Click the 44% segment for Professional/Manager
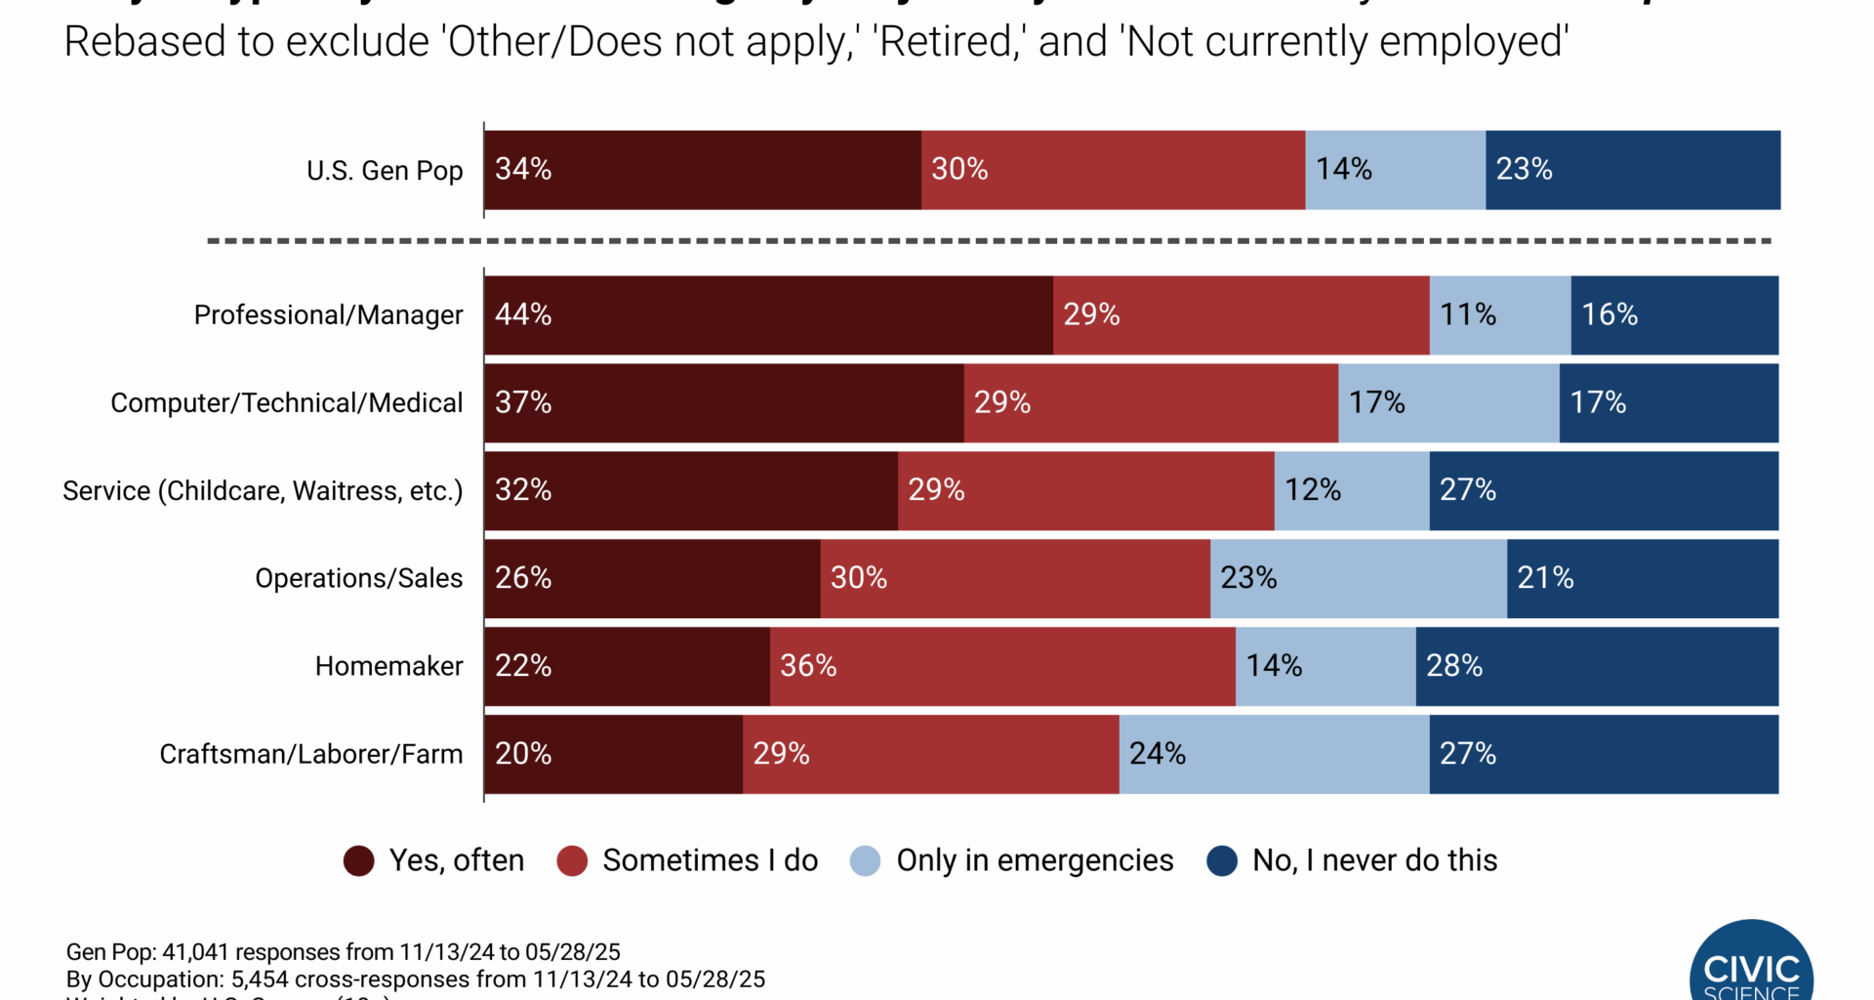(768, 314)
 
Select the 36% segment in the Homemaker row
(1002, 666)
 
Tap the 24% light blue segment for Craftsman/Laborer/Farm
(1274, 754)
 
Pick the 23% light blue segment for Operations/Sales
(1358, 578)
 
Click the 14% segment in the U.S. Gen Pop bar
(1395, 170)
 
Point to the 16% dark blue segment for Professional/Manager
(1674, 314)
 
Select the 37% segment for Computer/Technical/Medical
(723, 402)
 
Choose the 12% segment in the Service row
(1351, 490)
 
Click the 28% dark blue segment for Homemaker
(1597, 666)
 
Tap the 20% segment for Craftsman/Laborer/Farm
(613, 754)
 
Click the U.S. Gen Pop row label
(385, 171)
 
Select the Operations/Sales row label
(358, 578)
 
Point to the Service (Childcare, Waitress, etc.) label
(263, 490)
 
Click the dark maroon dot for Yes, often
(358, 860)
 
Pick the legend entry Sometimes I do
(710, 860)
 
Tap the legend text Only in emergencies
(1035, 860)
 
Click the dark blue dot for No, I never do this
(1222, 860)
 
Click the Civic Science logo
(1751, 967)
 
